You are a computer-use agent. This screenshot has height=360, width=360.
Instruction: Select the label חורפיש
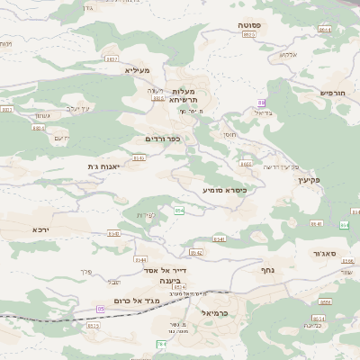(333, 93)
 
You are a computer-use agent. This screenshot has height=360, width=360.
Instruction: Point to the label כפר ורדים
(163, 139)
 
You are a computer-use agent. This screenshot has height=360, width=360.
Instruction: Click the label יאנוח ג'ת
(104, 166)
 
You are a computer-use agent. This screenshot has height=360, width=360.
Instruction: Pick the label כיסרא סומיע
(225, 190)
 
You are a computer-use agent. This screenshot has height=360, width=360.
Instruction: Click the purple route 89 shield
(262, 103)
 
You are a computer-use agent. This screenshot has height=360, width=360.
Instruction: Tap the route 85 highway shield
(100, 309)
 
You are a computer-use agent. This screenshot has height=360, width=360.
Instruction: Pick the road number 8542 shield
(196, 253)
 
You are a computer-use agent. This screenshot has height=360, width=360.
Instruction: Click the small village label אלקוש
(289, 54)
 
